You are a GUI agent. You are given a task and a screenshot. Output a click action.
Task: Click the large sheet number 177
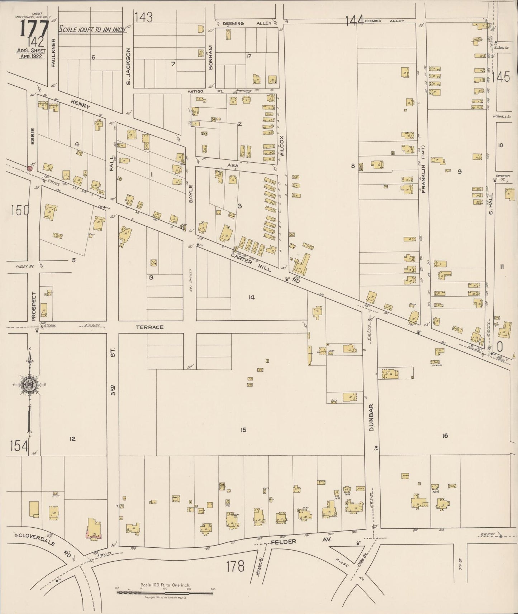(34, 28)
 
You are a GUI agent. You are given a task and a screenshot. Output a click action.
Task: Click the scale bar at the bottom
(165, 593)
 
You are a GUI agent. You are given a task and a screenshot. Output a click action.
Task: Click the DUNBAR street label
(371, 417)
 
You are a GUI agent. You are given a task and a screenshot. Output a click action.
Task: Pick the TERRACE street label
(149, 327)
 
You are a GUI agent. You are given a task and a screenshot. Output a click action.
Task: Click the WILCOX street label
(282, 146)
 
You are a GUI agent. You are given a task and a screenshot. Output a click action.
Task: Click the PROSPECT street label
(34, 306)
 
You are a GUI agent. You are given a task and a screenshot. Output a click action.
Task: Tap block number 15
(243, 430)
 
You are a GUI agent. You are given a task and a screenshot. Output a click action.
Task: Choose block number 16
(445, 436)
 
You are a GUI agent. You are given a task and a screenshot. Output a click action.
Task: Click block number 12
(72, 439)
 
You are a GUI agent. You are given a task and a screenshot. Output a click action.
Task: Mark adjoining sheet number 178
(235, 566)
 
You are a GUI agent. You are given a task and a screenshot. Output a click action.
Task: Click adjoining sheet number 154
(19, 446)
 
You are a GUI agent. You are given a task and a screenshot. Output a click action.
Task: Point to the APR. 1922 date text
(30, 57)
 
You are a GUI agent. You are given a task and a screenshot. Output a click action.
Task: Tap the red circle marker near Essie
(30, 168)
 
